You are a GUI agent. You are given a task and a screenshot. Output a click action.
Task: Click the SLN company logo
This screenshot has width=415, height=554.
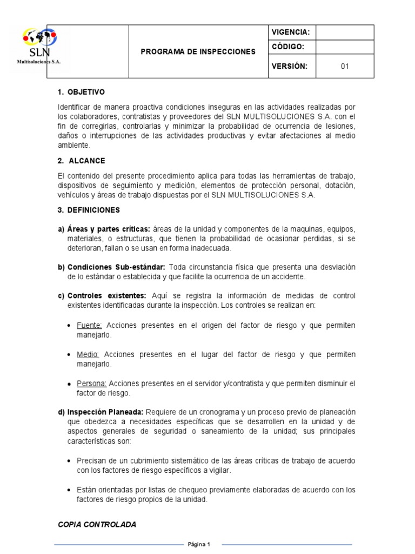[x=38, y=47]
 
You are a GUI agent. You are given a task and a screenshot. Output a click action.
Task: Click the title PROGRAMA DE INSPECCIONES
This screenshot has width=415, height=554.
[x=198, y=52]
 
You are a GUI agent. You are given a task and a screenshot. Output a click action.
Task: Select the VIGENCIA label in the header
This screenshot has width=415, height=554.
[x=290, y=32]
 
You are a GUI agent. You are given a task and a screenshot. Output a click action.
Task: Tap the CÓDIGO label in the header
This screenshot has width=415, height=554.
[x=288, y=47]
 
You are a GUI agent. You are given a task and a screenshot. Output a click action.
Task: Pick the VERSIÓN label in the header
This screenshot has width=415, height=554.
[x=290, y=67]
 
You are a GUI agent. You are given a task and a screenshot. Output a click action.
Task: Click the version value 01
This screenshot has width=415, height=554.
[x=345, y=67]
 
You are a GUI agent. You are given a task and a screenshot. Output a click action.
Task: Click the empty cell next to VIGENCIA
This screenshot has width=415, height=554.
[x=345, y=32]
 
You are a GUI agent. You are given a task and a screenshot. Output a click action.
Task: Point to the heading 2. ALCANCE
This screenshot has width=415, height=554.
[x=81, y=161]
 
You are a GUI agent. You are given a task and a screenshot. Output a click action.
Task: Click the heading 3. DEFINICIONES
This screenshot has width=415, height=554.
[x=89, y=210]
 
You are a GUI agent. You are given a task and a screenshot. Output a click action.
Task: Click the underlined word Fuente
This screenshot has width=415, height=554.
[x=90, y=325]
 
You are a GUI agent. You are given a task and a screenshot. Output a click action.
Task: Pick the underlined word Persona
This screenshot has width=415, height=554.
[x=92, y=384]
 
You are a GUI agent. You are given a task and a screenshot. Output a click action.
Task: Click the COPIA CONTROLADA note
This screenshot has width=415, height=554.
[x=97, y=524]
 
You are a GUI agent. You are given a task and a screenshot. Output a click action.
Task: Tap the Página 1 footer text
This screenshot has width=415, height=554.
[x=199, y=544]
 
